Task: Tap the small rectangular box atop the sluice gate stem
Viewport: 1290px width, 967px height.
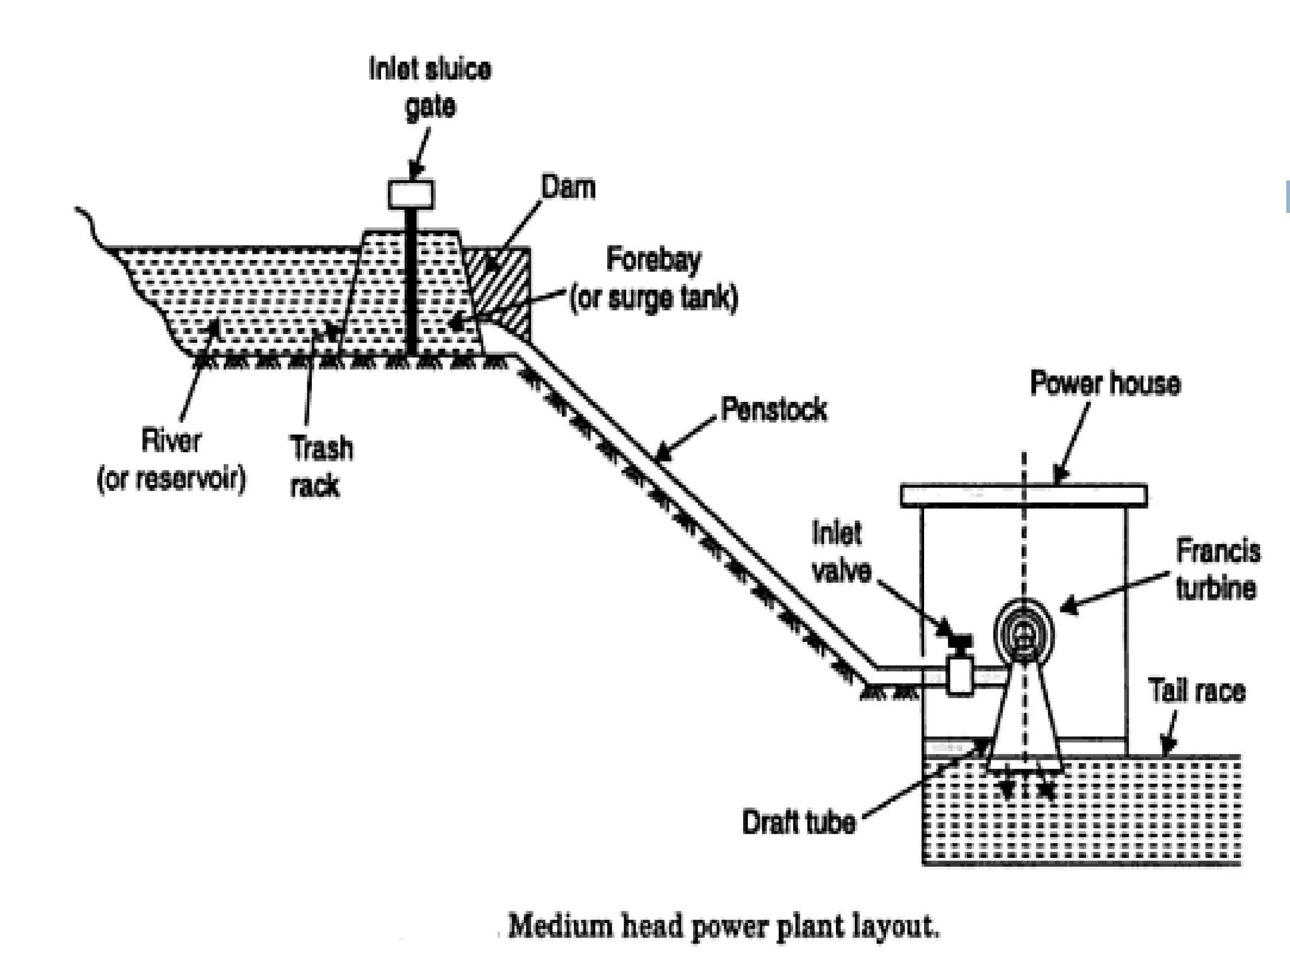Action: (411, 195)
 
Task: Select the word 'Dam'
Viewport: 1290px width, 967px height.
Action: (568, 188)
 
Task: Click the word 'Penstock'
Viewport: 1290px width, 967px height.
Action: (773, 410)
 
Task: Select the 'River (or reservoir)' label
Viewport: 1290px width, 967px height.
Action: (171, 460)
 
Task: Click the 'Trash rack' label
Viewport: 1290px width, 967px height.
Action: (321, 467)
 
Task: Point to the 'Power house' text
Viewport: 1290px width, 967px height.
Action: (1105, 383)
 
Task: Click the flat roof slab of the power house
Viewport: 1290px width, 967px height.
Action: (1023, 495)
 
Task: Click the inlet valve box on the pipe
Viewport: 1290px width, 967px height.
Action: (960, 676)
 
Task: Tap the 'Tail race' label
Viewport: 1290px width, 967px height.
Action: (1197, 691)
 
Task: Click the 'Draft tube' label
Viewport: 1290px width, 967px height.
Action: (799, 822)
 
